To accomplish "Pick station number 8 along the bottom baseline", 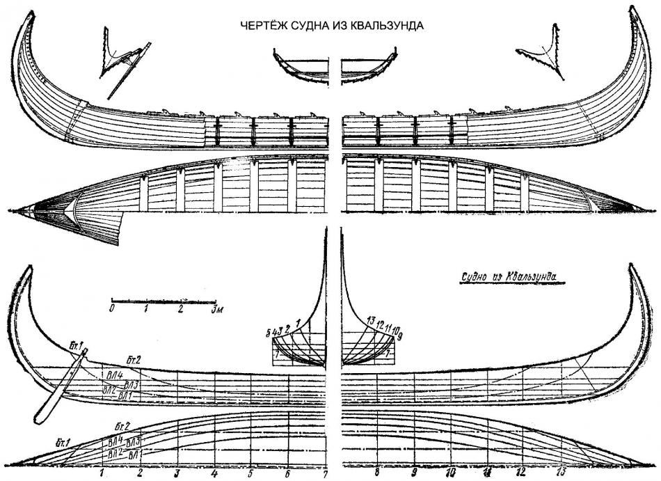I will [376, 473].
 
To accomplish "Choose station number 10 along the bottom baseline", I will [450, 473].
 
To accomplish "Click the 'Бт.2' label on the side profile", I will [134, 360].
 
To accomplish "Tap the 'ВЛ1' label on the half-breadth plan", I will [135, 454].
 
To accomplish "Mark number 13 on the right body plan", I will [371, 321].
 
